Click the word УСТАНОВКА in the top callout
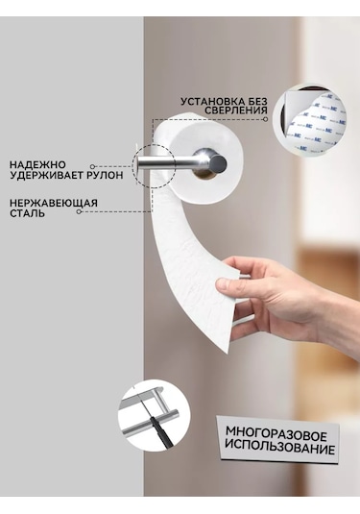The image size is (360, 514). click(x=210, y=102)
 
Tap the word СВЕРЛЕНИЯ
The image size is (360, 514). click(x=236, y=110)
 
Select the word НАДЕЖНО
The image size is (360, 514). click(x=37, y=164)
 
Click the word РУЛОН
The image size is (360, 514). click(x=106, y=175)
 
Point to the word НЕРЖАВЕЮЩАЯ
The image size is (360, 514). click(x=54, y=203)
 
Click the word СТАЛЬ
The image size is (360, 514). click(x=28, y=213)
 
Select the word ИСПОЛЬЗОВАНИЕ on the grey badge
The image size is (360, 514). click(x=279, y=448)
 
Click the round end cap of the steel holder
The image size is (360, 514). click(x=219, y=162)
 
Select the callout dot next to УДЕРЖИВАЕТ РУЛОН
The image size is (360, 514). click(x=93, y=167)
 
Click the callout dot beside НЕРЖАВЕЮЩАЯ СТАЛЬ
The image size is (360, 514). click(x=79, y=211)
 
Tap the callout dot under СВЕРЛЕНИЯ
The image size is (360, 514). click(x=265, y=119)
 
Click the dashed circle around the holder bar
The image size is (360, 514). click(x=132, y=166)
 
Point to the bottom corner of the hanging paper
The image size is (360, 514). click(x=227, y=354)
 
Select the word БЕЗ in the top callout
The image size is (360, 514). click(x=254, y=102)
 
